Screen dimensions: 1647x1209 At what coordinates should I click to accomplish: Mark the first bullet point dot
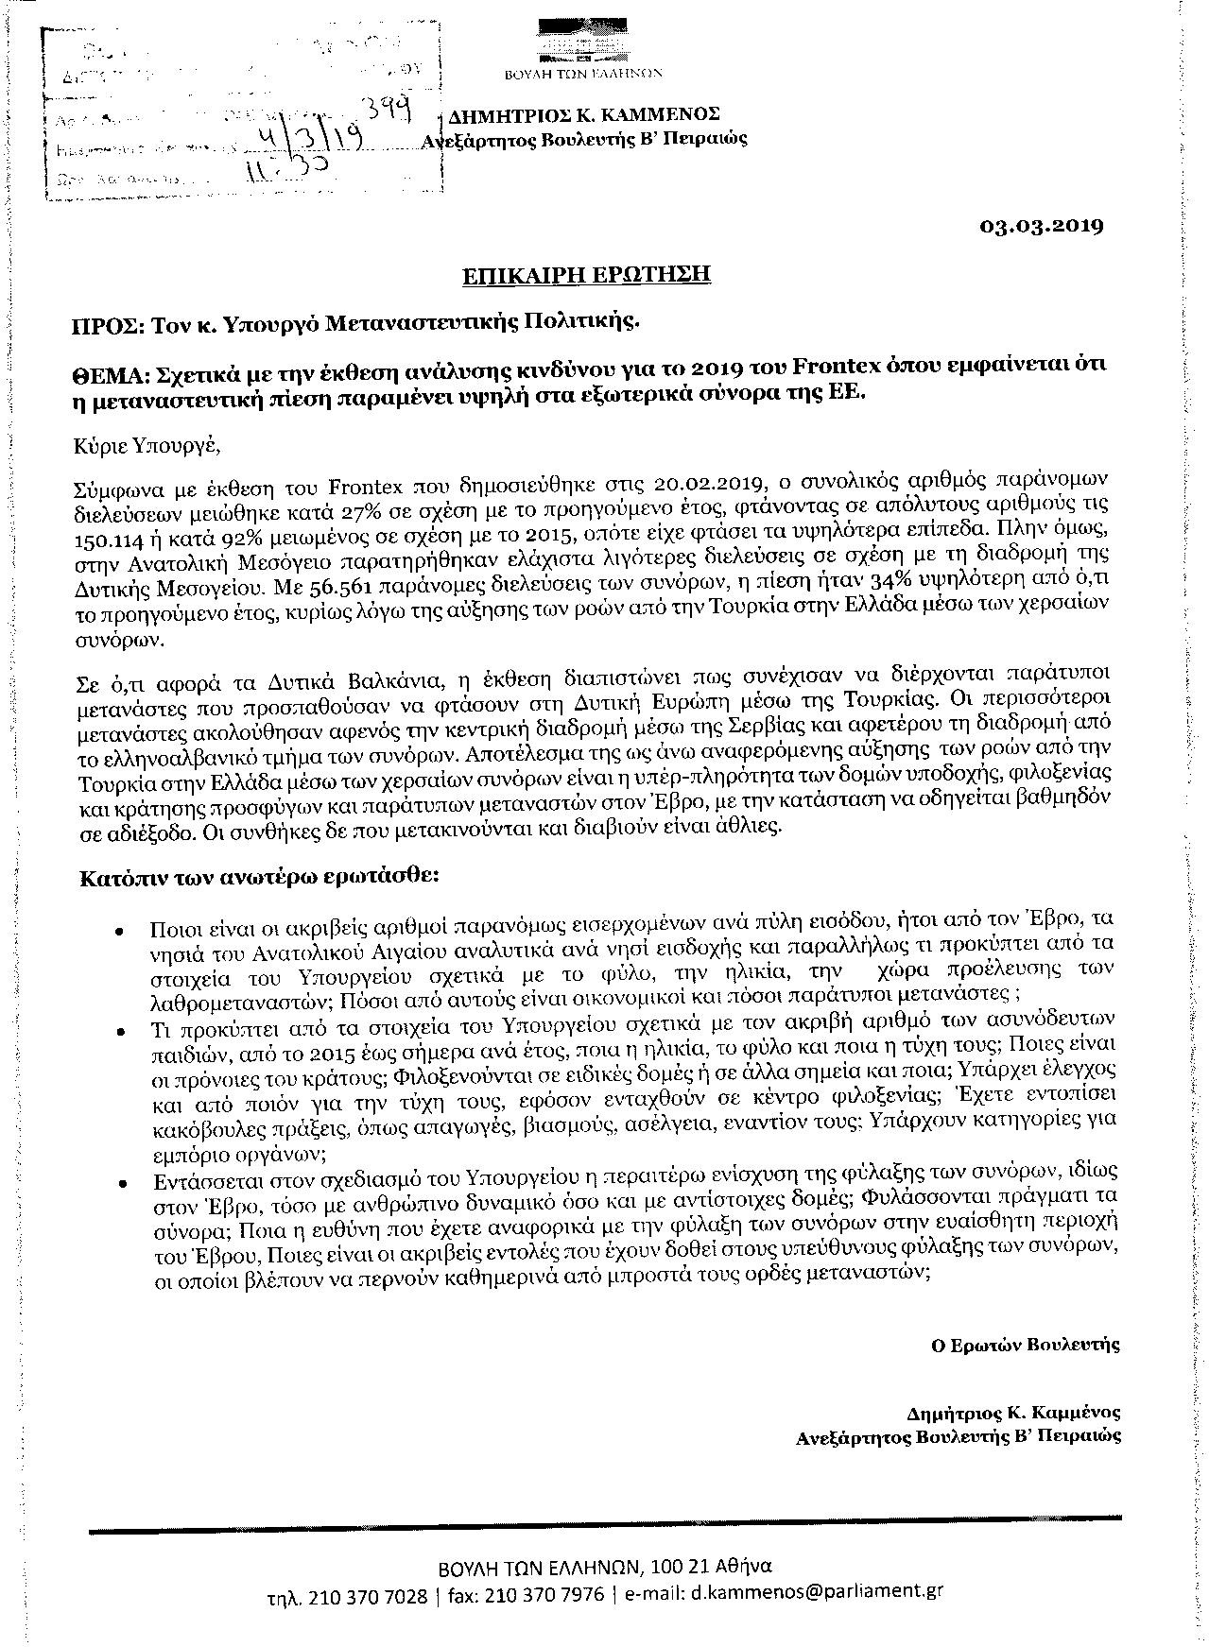point(119,930)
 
